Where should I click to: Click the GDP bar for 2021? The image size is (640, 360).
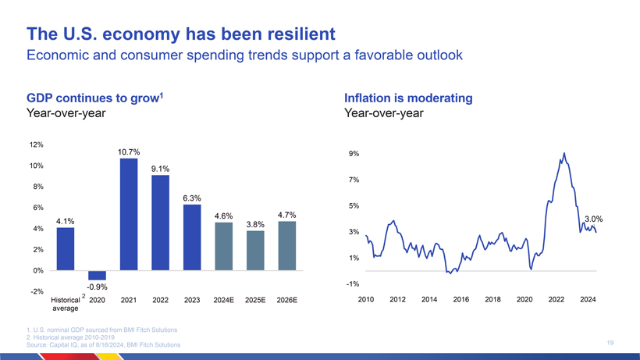click(x=129, y=214)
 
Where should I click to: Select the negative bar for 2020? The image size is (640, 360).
click(x=97, y=275)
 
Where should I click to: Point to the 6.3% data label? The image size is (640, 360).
click(x=192, y=198)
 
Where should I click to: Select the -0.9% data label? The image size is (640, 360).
click(x=97, y=287)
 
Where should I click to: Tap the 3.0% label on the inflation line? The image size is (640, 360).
click(x=594, y=219)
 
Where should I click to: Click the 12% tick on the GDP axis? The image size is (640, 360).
click(x=36, y=145)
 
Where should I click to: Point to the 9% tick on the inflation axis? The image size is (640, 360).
click(x=354, y=154)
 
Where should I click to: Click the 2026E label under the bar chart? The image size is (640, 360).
click(x=286, y=300)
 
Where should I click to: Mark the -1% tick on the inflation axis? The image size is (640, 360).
click(x=353, y=283)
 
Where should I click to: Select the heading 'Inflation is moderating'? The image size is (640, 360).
click(x=408, y=98)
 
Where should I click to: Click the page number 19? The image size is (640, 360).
click(x=610, y=342)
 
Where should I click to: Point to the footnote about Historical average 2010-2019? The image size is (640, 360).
click(x=75, y=337)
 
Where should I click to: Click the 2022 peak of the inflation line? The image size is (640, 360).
click(x=564, y=153)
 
